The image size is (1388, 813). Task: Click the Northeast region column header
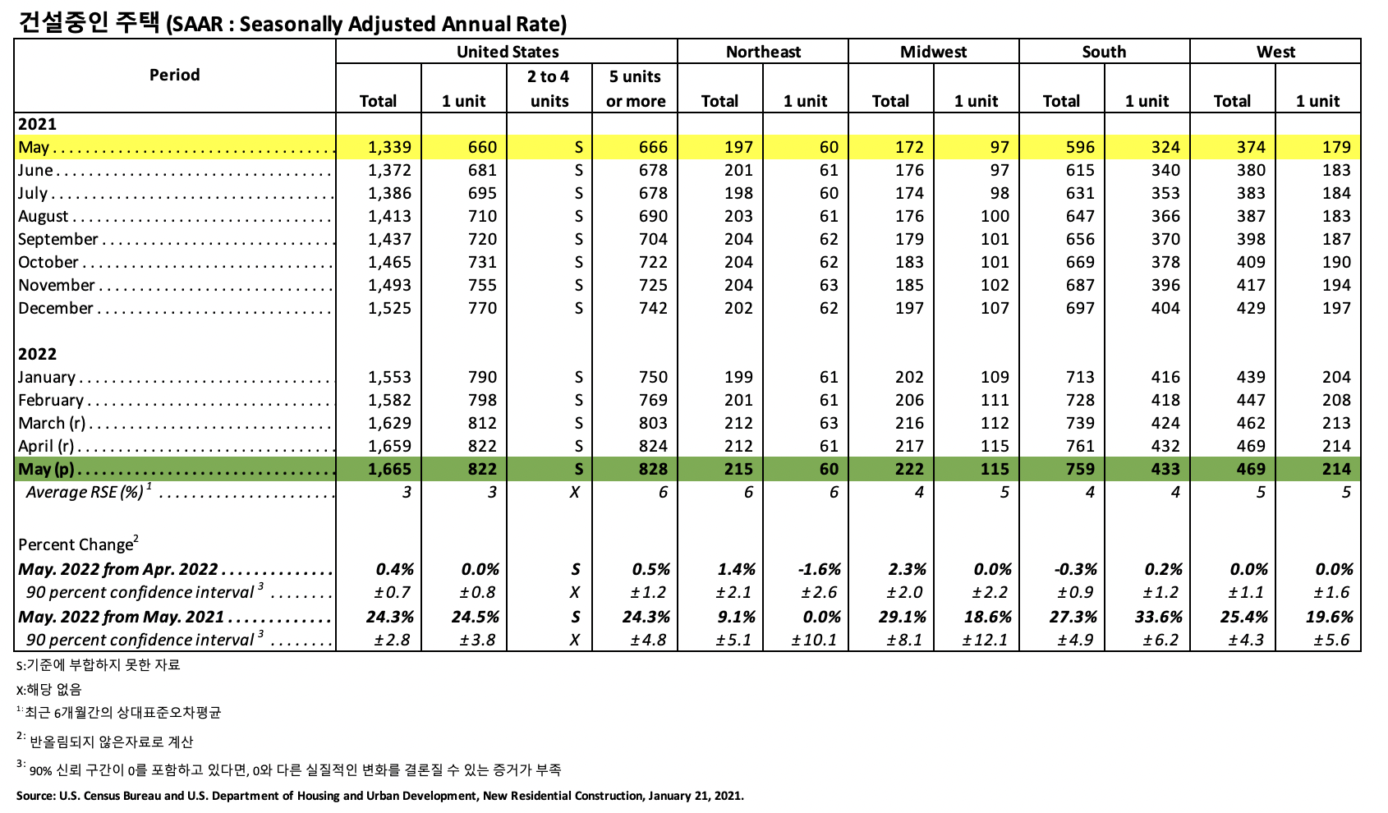pyautogui.click(x=763, y=52)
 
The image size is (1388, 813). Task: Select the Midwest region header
pyautogui.click(x=933, y=52)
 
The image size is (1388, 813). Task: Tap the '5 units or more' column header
pyautogui.click(x=635, y=89)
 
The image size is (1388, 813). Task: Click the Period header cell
pyautogui.click(x=174, y=75)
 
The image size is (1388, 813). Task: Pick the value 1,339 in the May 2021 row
pyautogui.click(x=389, y=147)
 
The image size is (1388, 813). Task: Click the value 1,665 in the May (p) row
pyautogui.click(x=389, y=469)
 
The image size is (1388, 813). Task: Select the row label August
pyautogui.click(x=44, y=216)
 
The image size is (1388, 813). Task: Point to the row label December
pyautogui.click(x=56, y=308)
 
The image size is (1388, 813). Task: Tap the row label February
pyautogui.click(x=51, y=400)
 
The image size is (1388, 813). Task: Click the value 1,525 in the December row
pyautogui.click(x=389, y=308)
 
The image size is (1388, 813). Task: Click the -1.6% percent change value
pyautogui.click(x=819, y=569)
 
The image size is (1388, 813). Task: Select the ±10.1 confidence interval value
pyautogui.click(x=814, y=640)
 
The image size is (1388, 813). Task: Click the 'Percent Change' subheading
pyautogui.click(x=76, y=544)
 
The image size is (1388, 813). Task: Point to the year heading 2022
pyautogui.click(x=38, y=354)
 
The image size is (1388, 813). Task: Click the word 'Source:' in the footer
pyautogui.click(x=35, y=796)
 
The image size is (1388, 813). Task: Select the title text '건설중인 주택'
pyautogui.click(x=88, y=22)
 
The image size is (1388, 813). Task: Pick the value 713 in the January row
pyautogui.click(x=1080, y=377)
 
